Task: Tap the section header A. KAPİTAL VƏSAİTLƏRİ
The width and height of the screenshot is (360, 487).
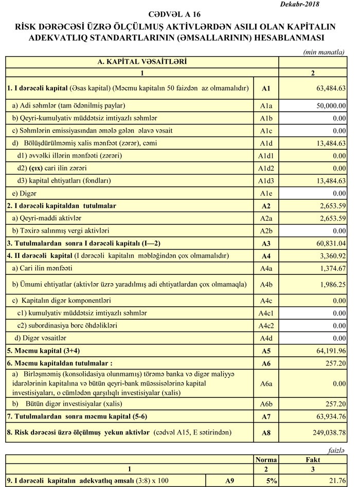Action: [142, 62]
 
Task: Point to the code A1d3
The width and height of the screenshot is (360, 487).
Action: [266, 181]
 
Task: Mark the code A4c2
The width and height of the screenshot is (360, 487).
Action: [266, 325]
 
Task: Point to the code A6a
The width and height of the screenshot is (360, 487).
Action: [266, 384]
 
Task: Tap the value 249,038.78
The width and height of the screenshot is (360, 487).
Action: [327, 433]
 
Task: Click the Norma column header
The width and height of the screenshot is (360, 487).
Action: [266, 460]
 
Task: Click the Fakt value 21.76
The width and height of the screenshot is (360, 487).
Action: [337, 480]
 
